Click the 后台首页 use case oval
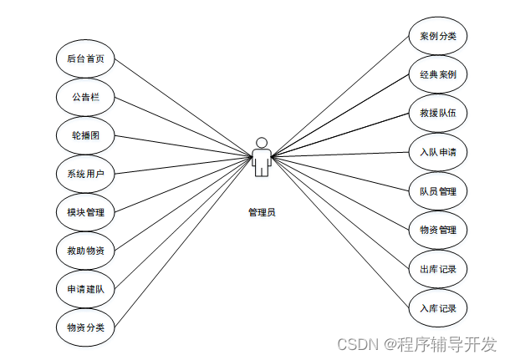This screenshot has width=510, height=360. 85,59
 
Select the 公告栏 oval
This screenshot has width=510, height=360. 85,98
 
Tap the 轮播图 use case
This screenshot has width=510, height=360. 85,135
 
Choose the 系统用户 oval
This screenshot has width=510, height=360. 85,174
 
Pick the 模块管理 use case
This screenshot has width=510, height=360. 85,212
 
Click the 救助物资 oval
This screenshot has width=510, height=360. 85,250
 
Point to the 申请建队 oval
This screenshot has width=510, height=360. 85,288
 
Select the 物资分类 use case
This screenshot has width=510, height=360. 85,327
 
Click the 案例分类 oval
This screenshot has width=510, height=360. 437,37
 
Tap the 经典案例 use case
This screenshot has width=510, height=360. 437,75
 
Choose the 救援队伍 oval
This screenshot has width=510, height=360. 437,114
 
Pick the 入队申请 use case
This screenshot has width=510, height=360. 437,153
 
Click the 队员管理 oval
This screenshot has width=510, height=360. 437,191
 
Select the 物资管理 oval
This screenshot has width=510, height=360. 437,230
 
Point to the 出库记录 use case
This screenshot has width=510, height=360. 437,269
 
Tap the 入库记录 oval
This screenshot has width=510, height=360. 437,308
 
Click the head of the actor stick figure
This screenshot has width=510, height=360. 262,142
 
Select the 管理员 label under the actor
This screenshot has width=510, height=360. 262,212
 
